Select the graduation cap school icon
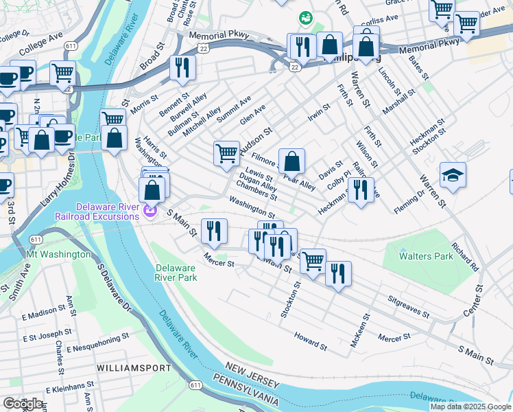453,176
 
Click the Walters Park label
426,256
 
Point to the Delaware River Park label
176,273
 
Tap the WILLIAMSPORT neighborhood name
134,368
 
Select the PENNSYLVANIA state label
245,390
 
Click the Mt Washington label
58,254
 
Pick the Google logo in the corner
22,403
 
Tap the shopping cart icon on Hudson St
226,154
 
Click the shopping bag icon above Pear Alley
291,161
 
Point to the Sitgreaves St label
408,308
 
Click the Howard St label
310,339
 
